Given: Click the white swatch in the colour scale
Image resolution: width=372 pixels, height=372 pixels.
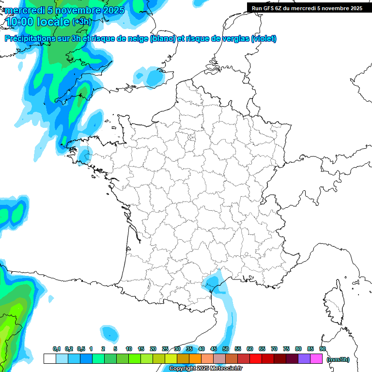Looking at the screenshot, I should (49, 359).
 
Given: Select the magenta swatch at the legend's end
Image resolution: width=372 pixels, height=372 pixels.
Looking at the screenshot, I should (316, 359).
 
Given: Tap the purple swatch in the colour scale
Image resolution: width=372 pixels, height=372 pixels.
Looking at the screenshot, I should (304, 359).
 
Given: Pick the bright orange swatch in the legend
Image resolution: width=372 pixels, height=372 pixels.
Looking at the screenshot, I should (195, 359).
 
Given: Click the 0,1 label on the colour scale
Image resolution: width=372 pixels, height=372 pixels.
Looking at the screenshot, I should (56, 349).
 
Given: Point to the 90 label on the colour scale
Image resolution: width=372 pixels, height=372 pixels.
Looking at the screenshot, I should (322, 349).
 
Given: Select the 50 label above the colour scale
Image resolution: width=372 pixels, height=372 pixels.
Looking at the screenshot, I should (225, 349).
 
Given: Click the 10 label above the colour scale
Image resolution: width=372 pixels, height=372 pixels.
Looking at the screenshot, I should (129, 349).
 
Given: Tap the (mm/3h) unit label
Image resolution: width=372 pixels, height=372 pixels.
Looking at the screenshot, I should (338, 359).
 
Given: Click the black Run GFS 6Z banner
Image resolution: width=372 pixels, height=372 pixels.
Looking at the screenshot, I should (307, 8).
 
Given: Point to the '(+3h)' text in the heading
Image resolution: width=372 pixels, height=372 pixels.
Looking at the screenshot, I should (81, 22).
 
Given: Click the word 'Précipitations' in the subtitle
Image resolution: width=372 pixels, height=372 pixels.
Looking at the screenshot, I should (32, 39).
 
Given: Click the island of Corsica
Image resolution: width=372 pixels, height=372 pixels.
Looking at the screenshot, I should (334, 303).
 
